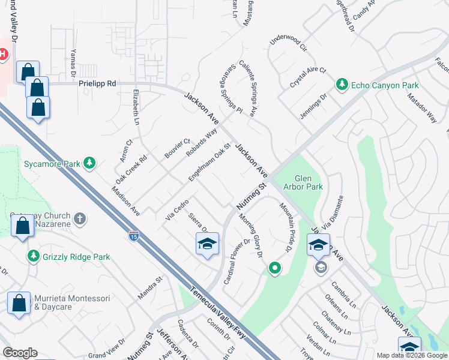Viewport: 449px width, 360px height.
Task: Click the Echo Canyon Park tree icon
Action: pos(342,84)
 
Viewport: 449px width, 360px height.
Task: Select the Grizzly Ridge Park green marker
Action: pos(34,257)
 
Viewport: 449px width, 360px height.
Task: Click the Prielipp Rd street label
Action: pos(97,85)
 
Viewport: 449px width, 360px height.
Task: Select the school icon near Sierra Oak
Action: pos(208,244)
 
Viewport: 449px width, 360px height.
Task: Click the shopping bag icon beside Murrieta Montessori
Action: pos(19,302)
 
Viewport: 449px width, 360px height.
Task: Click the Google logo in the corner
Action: pos(20,353)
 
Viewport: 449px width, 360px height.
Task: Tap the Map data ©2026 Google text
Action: pos(411,355)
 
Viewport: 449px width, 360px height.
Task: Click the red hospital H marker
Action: pos(3,55)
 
